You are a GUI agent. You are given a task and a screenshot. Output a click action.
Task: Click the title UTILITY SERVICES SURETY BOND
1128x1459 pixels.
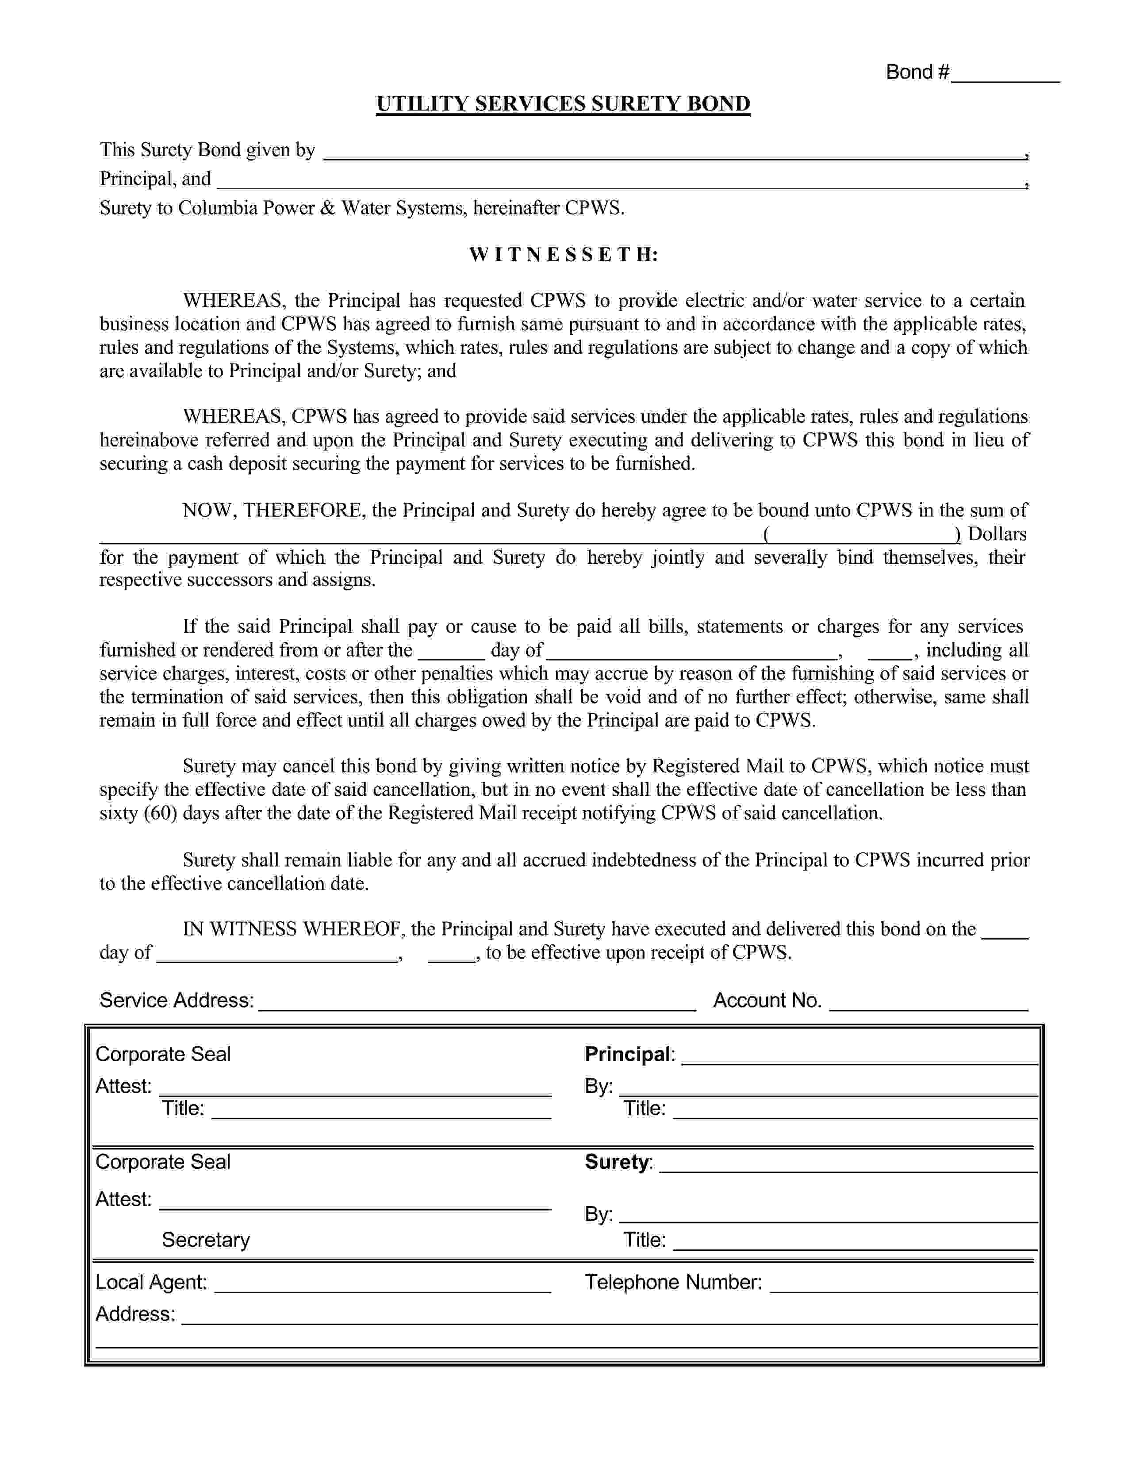[563, 104]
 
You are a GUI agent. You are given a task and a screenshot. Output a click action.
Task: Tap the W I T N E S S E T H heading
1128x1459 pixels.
[563, 255]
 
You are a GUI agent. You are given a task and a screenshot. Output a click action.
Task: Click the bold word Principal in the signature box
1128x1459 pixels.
[628, 1054]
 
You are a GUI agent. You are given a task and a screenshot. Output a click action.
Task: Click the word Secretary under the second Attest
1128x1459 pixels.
[206, 1240]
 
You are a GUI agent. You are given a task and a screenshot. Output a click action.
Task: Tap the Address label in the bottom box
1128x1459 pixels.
[135, 1314]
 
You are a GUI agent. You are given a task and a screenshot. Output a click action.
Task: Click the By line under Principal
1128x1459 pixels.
[829, 1088]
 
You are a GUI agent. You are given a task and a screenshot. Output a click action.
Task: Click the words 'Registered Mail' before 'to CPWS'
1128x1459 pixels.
[719, 766]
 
